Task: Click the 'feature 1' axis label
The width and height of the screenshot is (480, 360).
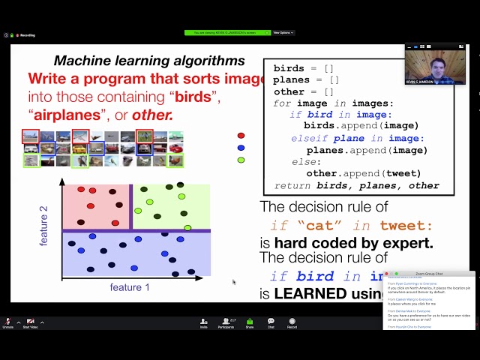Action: click(x=130, y=287)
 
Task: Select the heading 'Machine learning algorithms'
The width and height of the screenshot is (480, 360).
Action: click(x=149, y=61)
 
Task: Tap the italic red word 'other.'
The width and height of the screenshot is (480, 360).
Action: click(x=152, y=115)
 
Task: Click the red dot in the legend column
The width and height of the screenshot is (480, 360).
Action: click(x=241, y=136)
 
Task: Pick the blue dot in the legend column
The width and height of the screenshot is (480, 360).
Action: click(x=241, y=148)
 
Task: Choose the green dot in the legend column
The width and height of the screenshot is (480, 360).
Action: click(x=241, y=160)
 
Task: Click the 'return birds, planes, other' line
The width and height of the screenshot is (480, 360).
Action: click(x=357, y=186)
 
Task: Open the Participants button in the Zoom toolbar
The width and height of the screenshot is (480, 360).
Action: click(x=226, y=322)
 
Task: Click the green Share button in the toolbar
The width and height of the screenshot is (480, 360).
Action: click(x=250, y=322)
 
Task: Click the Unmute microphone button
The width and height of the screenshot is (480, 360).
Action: click(x=7, y=322)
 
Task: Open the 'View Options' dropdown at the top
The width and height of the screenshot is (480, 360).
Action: click(x=282, y=33)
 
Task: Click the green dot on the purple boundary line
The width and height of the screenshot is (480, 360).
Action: click(x=187, y=228)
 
